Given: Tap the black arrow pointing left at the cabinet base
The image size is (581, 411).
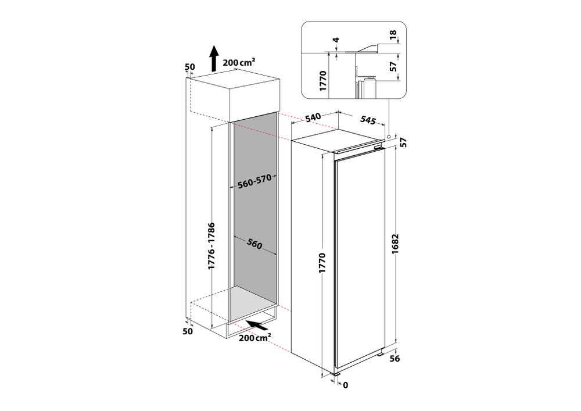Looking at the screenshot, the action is (x=257, y=325).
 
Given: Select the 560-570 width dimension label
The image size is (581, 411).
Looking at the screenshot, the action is (x=254, y=181).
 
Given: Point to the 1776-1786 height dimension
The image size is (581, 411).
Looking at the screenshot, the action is (x=211, y=246).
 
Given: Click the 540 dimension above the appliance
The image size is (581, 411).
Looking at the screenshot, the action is (x=313, y=117).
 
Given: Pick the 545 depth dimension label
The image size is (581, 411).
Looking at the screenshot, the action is (x=368, y=120).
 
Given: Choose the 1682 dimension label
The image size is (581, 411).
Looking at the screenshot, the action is (x=395, y=244).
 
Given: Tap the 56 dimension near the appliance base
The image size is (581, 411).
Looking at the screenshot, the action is (x=395, y=358).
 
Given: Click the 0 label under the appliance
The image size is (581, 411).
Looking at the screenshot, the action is (x=346, y=385).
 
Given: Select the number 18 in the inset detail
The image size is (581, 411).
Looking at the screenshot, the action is (x=393, y=34).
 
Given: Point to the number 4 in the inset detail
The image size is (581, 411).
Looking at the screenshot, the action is (x=336, y=40).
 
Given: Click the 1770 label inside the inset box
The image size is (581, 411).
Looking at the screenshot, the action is (x=322, y=81).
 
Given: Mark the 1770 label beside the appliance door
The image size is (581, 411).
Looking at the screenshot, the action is (x=322, y=263).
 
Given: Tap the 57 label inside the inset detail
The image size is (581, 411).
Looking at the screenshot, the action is (x=393, y=67).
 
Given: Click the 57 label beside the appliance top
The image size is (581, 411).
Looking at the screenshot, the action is (x=403, y=142).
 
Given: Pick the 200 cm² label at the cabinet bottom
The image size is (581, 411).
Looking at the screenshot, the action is (x=254, y=338).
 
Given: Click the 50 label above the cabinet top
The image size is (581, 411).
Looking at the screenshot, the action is (x=190, y=67).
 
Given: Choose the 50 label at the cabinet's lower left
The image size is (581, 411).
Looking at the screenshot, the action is (x=188, y=331).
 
